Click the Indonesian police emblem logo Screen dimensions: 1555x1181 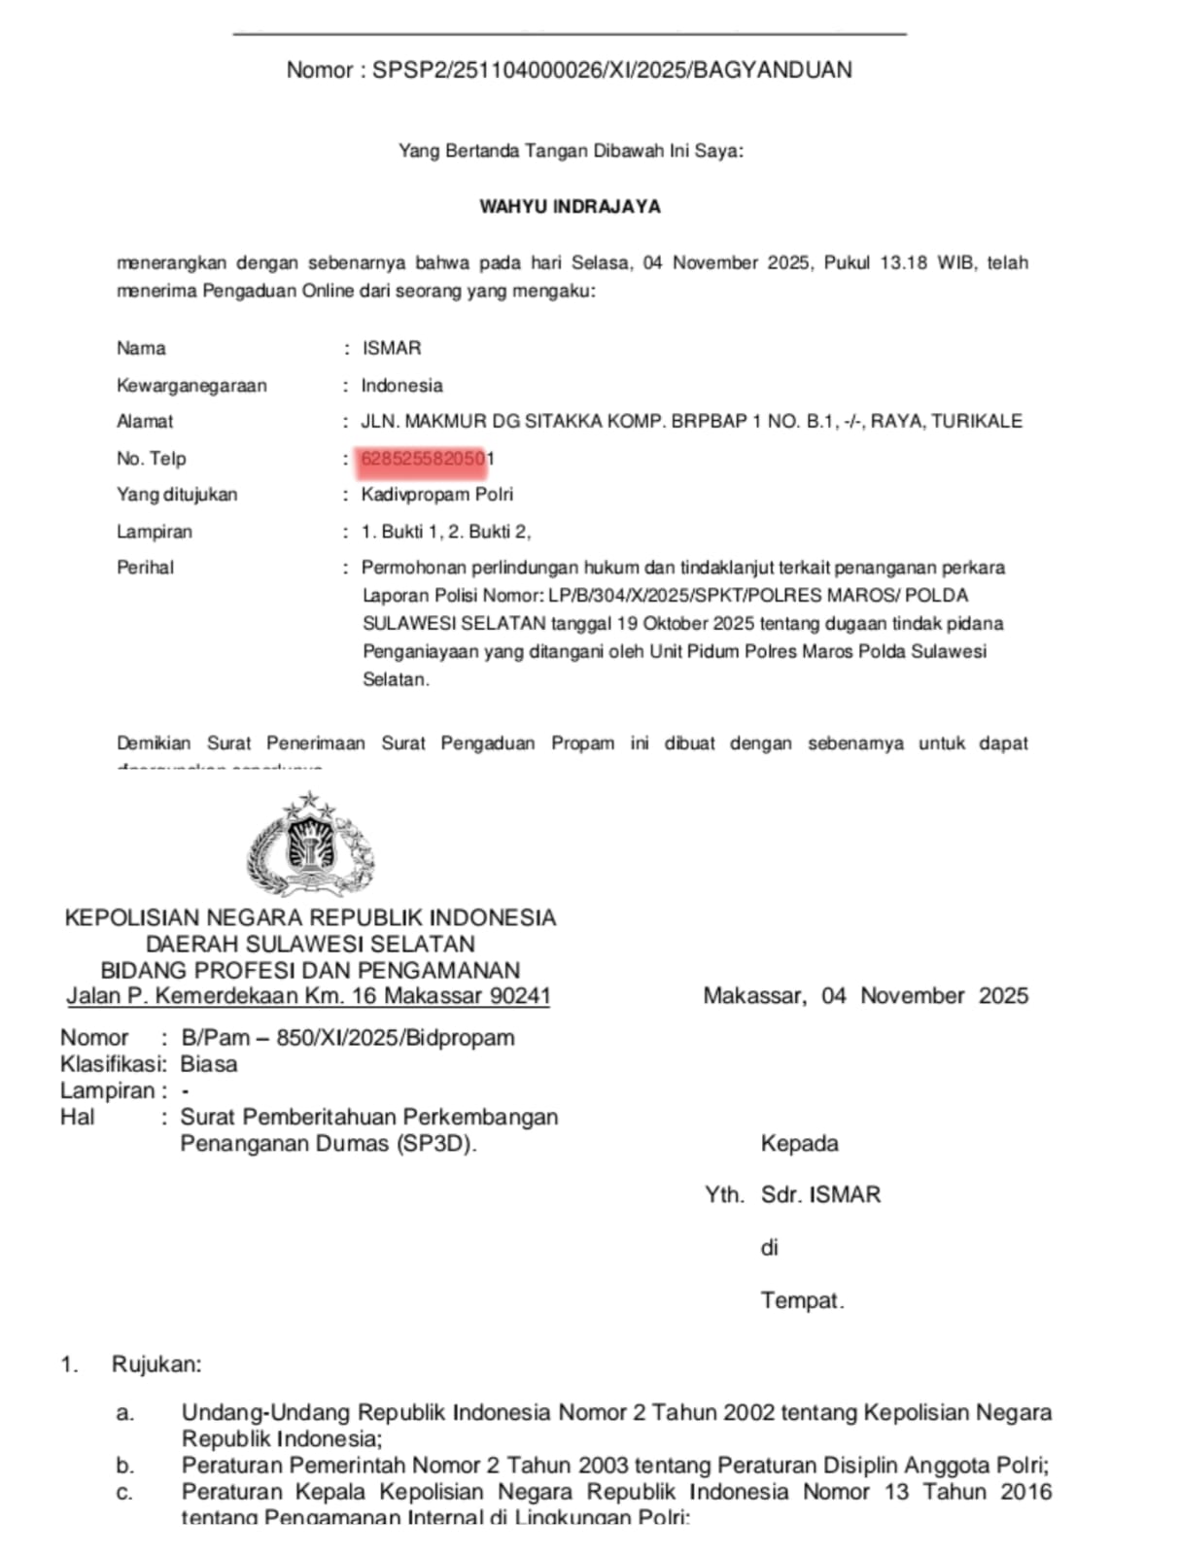[x=310, y=844]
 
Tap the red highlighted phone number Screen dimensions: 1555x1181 [x=424, y=459]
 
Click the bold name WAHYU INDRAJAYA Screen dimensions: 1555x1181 [x=570, y=206]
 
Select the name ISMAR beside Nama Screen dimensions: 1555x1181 [x=391, y=348]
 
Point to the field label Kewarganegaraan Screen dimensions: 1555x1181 [x=191, y=385]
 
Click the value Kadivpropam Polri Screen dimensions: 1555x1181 [x=437, y=494]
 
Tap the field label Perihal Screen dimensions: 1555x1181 [x=145, y=567]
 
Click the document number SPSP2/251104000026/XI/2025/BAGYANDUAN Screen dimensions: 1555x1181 [x=611, y=70]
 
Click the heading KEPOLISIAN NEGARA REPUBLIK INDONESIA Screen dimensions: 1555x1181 [x=310, y=917]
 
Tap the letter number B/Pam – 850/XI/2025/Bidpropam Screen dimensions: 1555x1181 [x=348, y=1037]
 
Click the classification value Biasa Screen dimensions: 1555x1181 [x=208, y=1063]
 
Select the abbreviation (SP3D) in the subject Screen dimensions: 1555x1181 [x=435, y=1143]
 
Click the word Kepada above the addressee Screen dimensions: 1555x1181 [x=799, y=1143]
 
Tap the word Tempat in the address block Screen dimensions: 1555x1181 [x=802, y=1300]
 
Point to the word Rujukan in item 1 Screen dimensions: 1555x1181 [x=156, y=1364]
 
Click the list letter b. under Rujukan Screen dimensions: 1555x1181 [x=124, y=1465]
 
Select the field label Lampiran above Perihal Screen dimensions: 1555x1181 [x=155, y=532]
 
